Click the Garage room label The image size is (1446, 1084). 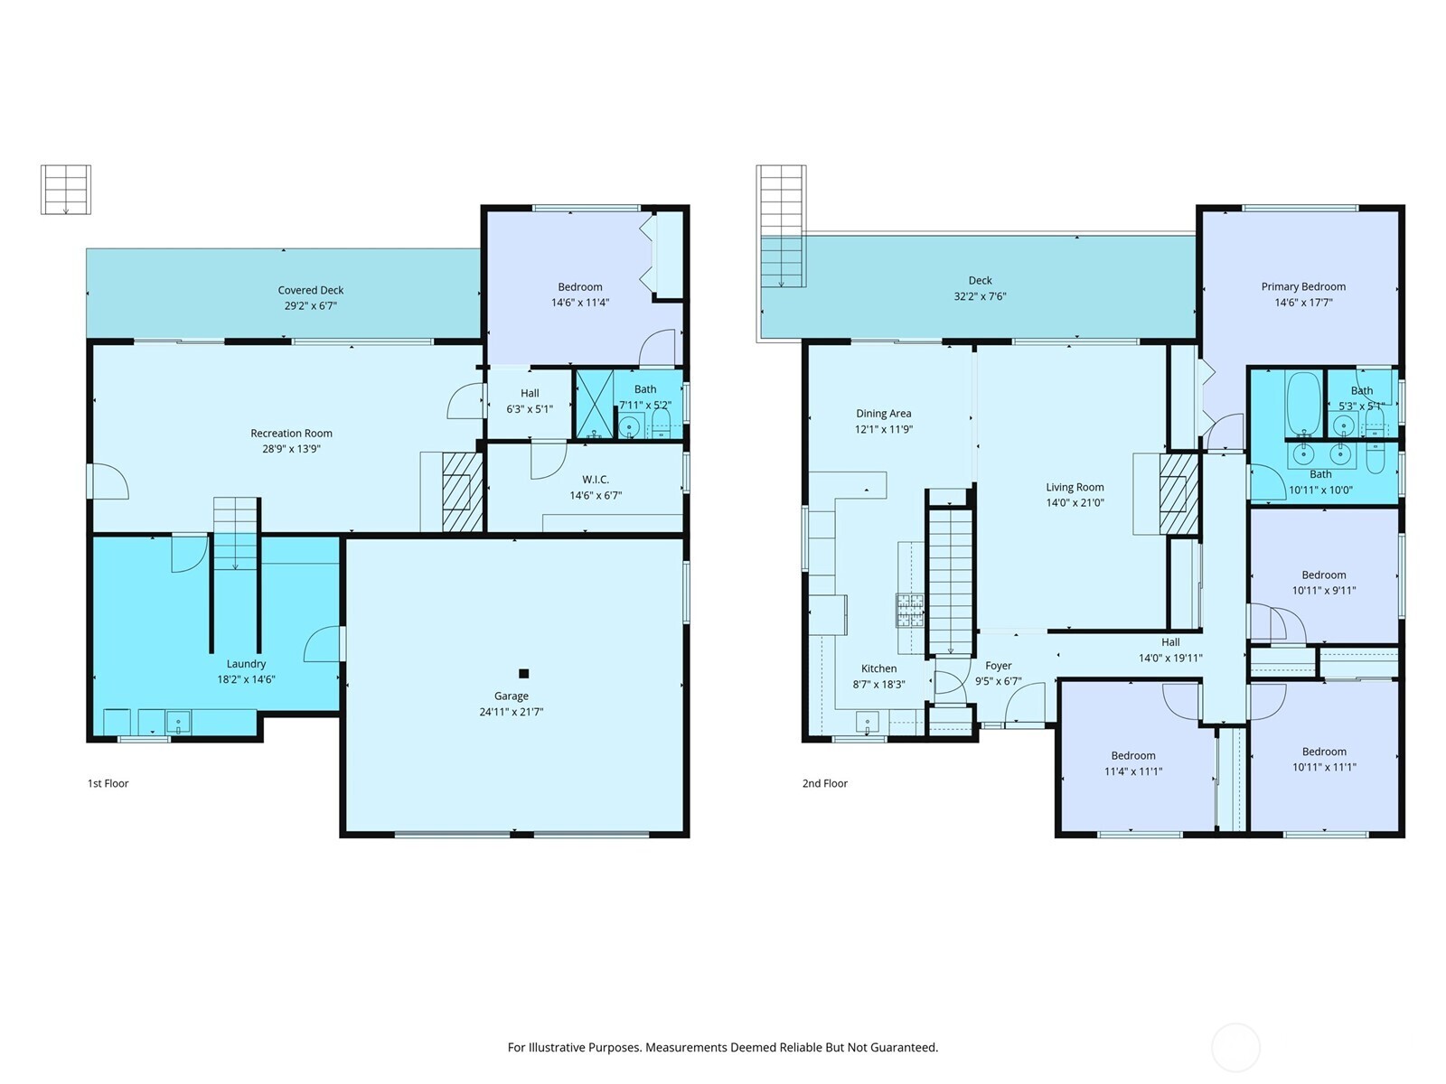511,696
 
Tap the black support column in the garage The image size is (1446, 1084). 523,673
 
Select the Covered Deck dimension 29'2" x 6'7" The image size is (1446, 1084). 310,306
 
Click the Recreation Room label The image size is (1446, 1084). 291,434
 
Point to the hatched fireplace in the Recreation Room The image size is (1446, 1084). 462,502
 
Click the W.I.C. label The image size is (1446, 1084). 596,480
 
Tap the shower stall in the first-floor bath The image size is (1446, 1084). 594,405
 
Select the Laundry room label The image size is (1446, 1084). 246,664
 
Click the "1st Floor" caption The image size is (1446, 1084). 108,783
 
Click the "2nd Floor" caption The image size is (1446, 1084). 824,783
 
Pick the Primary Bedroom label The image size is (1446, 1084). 1303,286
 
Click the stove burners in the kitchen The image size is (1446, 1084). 910,610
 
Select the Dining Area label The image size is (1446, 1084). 883,414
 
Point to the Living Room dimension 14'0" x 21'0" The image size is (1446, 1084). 1075,503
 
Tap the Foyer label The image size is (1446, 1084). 998,666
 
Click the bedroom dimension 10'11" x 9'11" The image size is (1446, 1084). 1323,591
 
